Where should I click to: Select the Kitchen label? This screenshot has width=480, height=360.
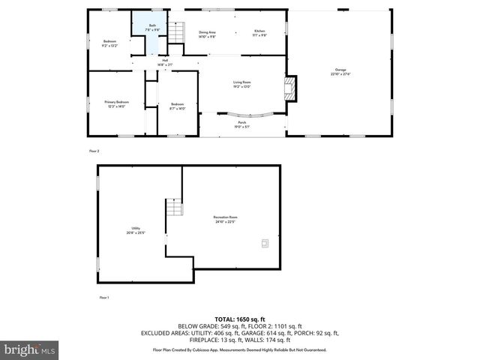tap(259, 34)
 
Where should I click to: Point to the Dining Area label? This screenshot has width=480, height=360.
tap(207, 34)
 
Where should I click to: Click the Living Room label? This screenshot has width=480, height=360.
tap(241, 84)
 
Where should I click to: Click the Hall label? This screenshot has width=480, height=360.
tap(164, 62)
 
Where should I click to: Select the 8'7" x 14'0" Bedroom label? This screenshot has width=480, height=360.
tap(177, 105)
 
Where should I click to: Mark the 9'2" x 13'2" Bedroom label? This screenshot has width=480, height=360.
tap(109, 43)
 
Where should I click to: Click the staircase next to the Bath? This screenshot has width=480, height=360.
tap(175, 33)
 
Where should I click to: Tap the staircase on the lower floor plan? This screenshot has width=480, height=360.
tap(174, 207)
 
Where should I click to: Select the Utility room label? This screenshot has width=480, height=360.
tap(136, 230)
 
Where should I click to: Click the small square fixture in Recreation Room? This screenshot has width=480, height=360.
tap(264, 242)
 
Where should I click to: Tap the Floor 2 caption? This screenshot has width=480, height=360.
tap(94, 151)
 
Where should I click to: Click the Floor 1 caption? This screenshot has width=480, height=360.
tap(104, 298)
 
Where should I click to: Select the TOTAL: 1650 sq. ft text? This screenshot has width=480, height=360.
tap(239, 319)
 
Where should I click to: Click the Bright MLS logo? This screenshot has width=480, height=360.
tap(30, 349)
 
